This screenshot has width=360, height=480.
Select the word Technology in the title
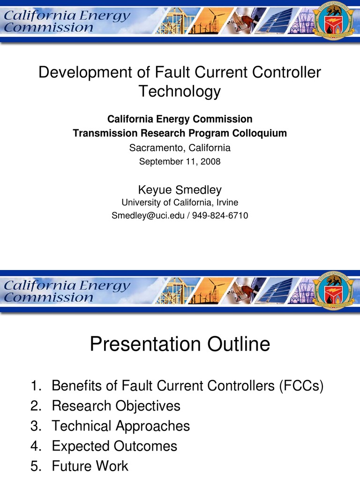point(180,91)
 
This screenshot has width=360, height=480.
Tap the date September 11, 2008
point(180,162)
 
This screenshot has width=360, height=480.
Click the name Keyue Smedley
point(180,189)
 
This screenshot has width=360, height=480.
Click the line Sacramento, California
point(180,148)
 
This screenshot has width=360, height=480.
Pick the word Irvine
point(226,202)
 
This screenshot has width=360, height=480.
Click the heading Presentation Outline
point(180,345)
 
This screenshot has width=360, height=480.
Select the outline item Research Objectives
point(116,405)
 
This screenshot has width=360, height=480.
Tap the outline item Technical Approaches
point(120,426)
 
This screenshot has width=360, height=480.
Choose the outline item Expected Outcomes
point(114,446)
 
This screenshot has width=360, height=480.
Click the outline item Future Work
point(90,466)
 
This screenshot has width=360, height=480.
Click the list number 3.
point(34,426)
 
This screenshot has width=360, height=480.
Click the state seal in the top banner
point(334,22)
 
